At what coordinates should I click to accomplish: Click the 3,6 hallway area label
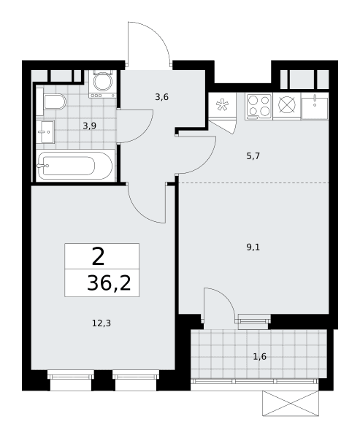162,97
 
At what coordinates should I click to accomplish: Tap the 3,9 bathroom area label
89,126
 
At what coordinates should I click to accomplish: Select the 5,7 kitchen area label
253,156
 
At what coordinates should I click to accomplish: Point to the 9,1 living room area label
253,247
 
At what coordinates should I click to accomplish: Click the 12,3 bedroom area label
102,323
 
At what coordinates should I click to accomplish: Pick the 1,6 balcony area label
260,357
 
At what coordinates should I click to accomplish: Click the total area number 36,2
109,283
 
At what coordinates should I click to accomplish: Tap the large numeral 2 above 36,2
98,256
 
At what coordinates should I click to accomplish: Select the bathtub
75,166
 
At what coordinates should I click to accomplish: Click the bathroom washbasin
45,132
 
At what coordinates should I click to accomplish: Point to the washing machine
102,84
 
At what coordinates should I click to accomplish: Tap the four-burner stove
258,107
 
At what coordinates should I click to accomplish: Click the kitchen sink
315,107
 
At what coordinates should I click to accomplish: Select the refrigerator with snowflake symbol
223,104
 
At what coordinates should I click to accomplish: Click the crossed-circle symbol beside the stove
287,105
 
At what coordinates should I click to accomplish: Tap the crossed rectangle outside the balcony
291,404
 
